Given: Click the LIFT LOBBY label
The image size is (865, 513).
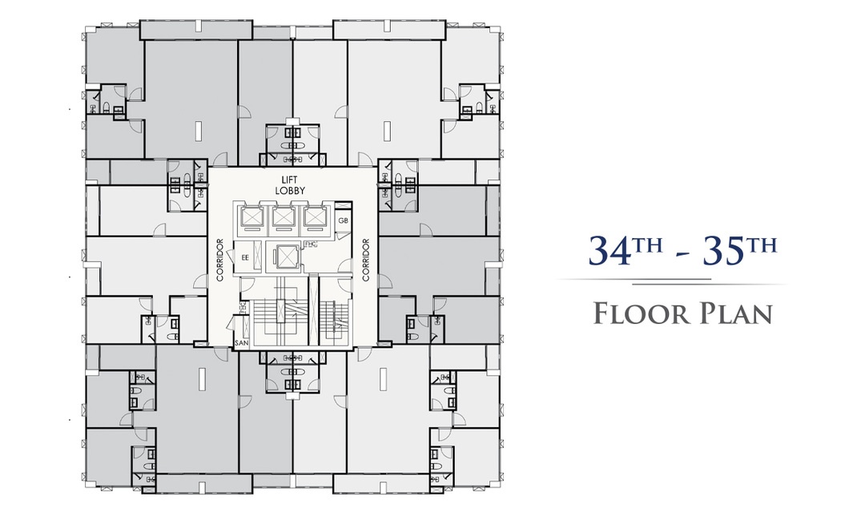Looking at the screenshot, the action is [290, 185].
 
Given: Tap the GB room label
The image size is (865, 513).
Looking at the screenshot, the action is [343, 221].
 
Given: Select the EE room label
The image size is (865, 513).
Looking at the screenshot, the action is [245, 257].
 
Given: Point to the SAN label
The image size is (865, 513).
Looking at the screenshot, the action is [242, 343].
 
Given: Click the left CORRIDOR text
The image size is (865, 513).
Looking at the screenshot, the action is [219, 260].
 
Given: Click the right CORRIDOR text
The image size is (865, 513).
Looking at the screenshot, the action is [365, 260].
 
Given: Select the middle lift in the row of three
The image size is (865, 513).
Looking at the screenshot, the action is [283, 217].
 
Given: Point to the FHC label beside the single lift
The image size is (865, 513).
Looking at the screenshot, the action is [310, 244].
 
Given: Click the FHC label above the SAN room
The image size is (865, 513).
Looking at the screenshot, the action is [242, 306].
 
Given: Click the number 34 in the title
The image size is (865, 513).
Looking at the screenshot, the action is [609, 250].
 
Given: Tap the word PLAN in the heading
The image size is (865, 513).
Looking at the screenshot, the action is [737, 313].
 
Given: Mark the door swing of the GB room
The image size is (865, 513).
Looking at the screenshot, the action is [343, 234].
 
